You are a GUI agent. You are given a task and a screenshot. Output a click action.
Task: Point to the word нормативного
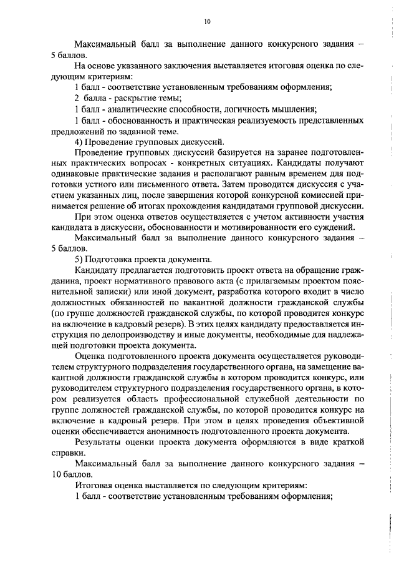point(133,282)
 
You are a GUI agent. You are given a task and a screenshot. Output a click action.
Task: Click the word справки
point(65,454)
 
